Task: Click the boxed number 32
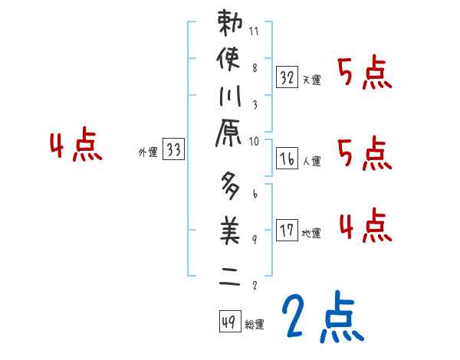(287, 77)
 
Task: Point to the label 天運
(311, 80)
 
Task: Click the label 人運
(311, 162)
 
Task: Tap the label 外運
(147, 153)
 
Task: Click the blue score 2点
(323, 319)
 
